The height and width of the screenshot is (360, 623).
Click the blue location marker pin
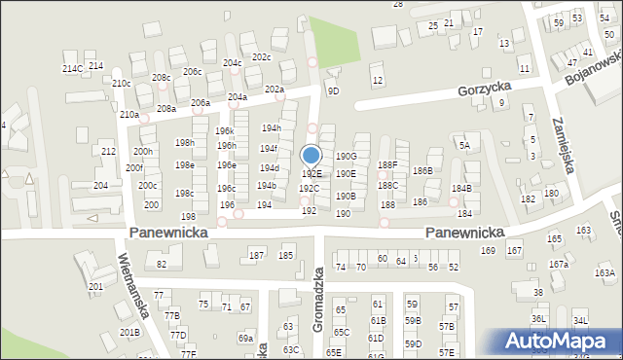(311, 156)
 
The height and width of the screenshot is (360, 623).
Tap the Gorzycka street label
(484, 90)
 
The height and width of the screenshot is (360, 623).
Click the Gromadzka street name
(317, 301)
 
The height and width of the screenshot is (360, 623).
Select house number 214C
(72, 69)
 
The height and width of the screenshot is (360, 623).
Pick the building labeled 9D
(333, 90)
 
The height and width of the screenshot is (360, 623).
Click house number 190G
(346, 156)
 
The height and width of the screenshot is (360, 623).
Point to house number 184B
(461, 188)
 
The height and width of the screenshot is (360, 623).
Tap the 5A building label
(465, 146)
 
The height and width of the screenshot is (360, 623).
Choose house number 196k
(225, 131)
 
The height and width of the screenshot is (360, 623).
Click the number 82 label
(163, 264)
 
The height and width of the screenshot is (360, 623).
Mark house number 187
(256, 255)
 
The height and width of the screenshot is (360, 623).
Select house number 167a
(558, 264)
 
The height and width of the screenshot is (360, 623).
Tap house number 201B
(129, 332)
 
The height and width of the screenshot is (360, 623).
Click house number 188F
(387, 165)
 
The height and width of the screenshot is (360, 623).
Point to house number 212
(108, 152)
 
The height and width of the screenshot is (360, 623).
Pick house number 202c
(261, 57)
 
